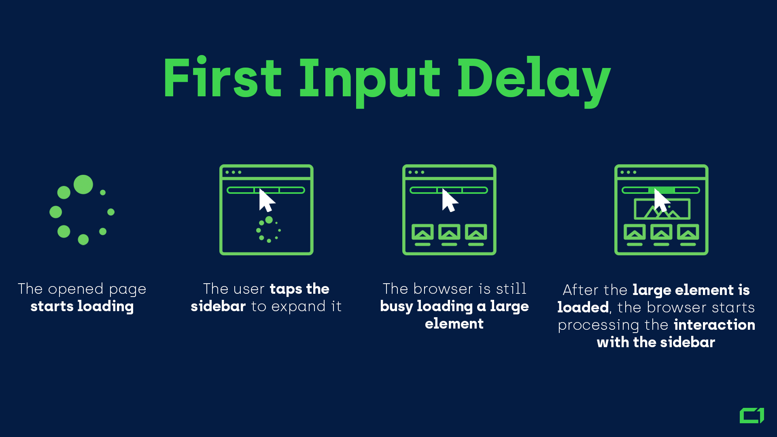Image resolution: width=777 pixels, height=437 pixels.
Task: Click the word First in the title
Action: point(222,78)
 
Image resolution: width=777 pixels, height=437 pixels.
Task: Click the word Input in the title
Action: point(369,79)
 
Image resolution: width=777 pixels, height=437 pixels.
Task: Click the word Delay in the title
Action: point(533,79)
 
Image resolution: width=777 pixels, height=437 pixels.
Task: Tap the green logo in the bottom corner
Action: point(752,416)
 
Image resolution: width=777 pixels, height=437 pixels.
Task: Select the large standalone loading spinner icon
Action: point(82,210)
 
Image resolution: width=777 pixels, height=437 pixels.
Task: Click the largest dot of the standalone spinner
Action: point(83,185)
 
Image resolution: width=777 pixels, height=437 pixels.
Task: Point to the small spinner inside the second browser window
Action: point(268,230)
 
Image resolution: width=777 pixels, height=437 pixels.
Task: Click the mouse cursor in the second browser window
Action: point(266,200)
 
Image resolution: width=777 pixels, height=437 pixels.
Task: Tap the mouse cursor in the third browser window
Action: point(449,200)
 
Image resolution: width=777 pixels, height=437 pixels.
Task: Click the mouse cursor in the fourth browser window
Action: point(661,200)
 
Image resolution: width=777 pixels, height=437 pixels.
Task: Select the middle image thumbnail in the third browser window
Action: point(449,232)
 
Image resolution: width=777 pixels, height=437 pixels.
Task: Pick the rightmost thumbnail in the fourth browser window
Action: point(688,232)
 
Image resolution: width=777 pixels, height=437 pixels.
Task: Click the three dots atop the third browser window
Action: point(416,172)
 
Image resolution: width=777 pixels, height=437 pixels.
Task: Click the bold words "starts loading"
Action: point(82,306)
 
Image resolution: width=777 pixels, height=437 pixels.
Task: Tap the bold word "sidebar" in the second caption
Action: point(218,306)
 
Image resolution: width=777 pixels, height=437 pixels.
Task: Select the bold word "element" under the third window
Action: point(454,324)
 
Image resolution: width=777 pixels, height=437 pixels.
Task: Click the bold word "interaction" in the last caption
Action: point(714,325)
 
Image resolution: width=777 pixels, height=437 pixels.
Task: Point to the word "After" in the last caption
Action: point(580,290)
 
